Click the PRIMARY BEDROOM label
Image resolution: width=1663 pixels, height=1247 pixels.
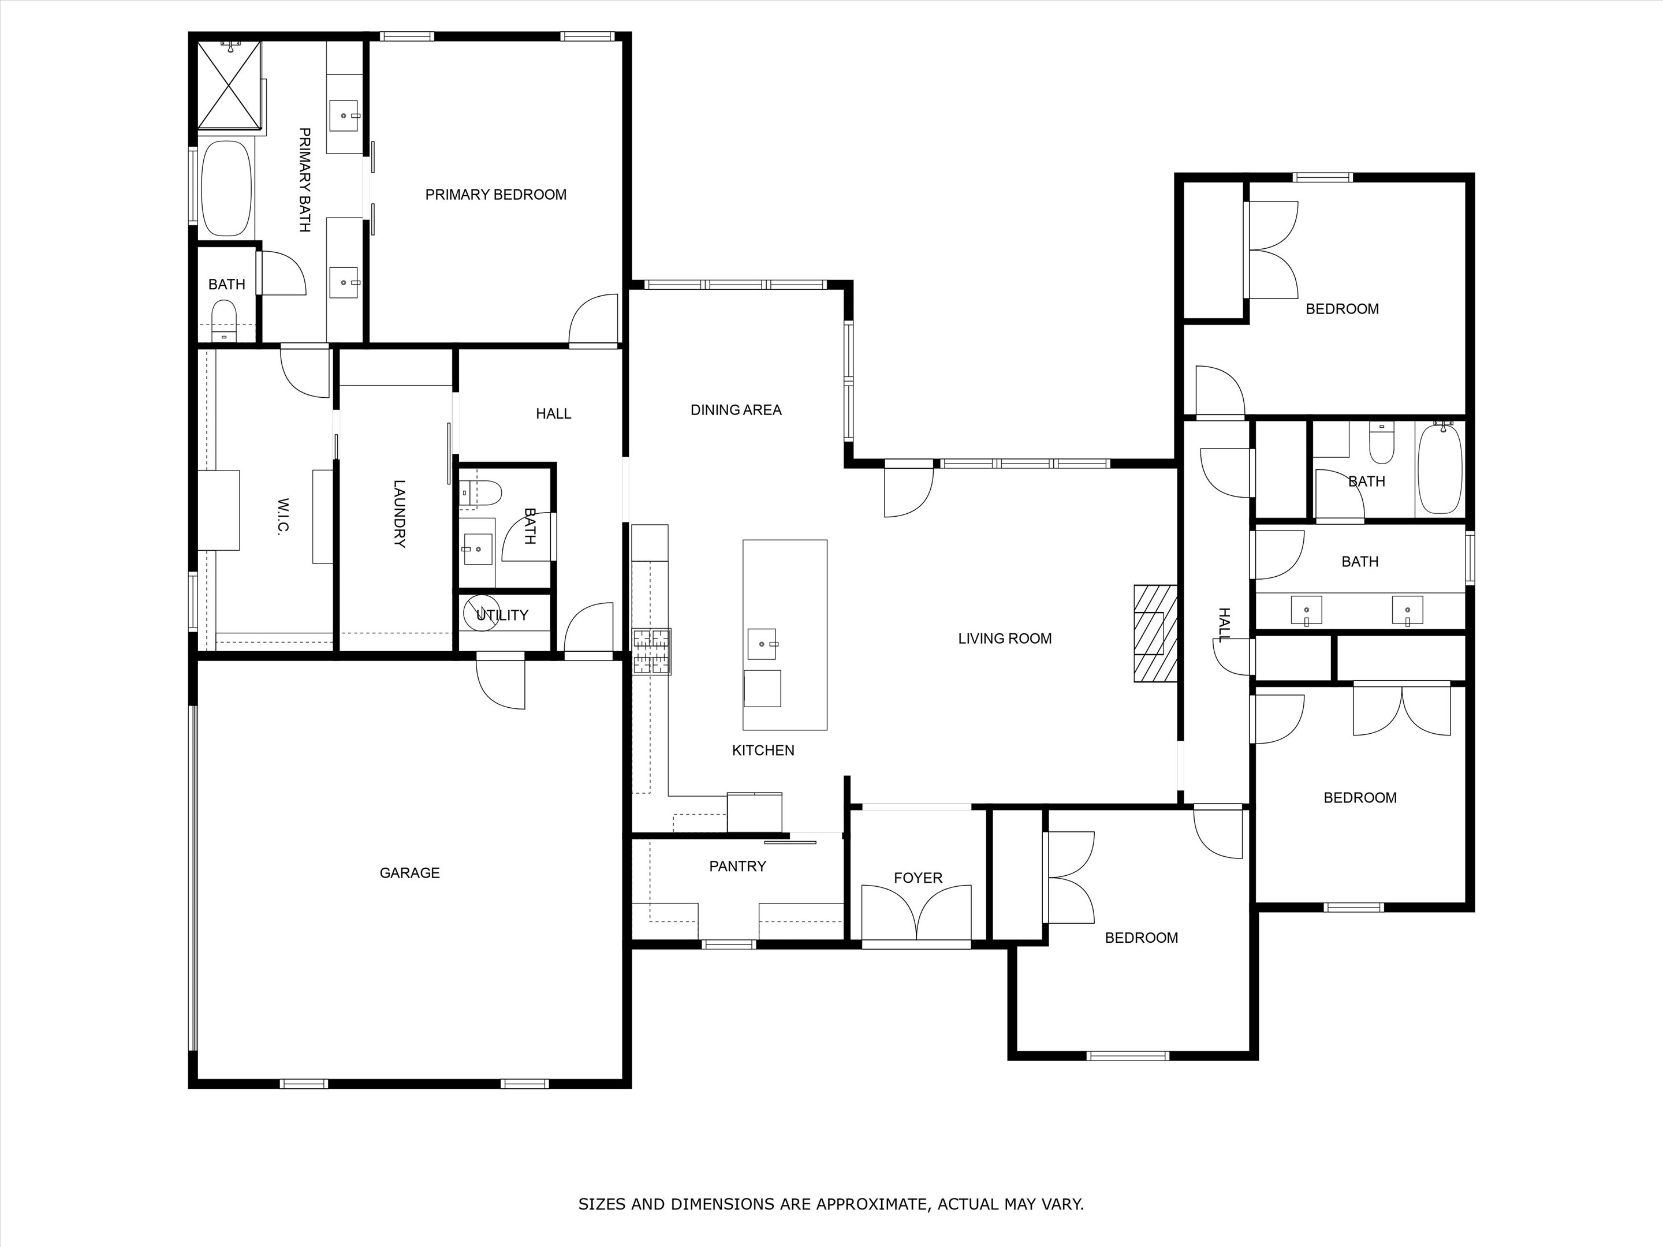click(495, 195)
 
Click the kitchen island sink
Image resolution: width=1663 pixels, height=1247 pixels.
click(762, 644)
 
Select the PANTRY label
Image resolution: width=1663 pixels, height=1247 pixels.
click(737, 866)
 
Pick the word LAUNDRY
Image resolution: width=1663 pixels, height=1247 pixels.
click(399, 514)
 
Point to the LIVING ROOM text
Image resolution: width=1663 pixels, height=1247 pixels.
click(1004, 638)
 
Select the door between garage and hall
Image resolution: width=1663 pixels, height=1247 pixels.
click(501, 680)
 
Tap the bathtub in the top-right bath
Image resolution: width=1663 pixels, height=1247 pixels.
click(1439, 468)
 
